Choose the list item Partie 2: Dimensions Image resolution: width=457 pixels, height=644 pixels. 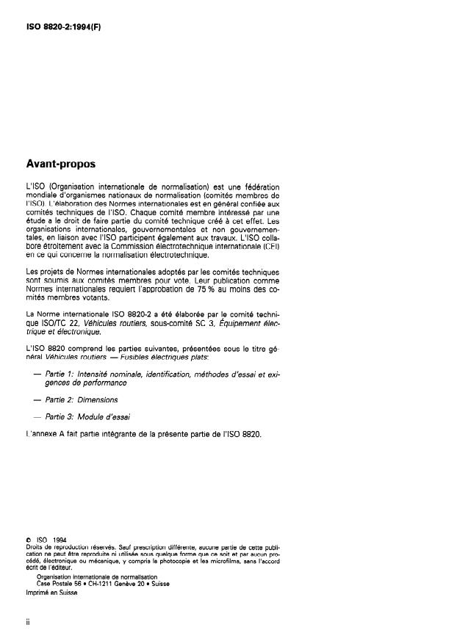(x=82, y=400)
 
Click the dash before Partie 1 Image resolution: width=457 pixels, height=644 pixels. (x=37, y=375)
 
